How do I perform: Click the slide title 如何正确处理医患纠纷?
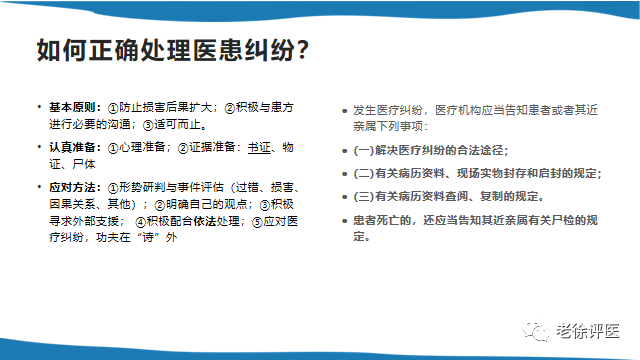pyautogui.click(x=171, y=51)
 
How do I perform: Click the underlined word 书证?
pyautogui.click(x=259, y=147)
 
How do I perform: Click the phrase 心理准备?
pyautogui.click(x=141, y=147)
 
